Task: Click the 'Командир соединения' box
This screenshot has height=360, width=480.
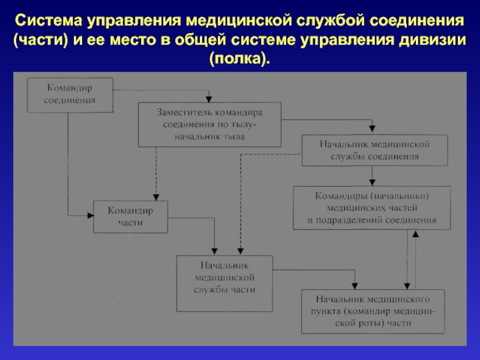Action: [x=70, y=95]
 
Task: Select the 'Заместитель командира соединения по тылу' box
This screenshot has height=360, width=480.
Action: [x=209, y=125]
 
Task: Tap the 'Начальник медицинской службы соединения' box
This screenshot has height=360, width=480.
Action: [x=374, y=151]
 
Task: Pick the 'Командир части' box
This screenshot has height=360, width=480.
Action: [x=130, y=217]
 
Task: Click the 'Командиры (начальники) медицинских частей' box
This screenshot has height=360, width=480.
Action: [x=371, y=208]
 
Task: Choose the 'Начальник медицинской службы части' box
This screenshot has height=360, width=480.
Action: [x=224, y=283]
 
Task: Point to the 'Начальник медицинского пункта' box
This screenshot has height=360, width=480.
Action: [x=373, y=311]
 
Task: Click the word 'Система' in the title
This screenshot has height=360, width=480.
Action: [x=48, y=21]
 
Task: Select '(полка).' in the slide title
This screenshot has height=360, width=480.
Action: [x=239, y=59]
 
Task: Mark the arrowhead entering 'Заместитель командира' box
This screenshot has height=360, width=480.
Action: [x=209, y=99]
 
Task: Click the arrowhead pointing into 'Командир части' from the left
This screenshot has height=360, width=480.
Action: [x=91, y=215]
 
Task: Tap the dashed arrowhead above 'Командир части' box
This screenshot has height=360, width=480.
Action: [x=156, y=197]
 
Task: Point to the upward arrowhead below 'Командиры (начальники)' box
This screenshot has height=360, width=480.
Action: [x=415, y=234]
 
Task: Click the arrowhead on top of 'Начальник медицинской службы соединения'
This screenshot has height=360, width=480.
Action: [x=372, y=128]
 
